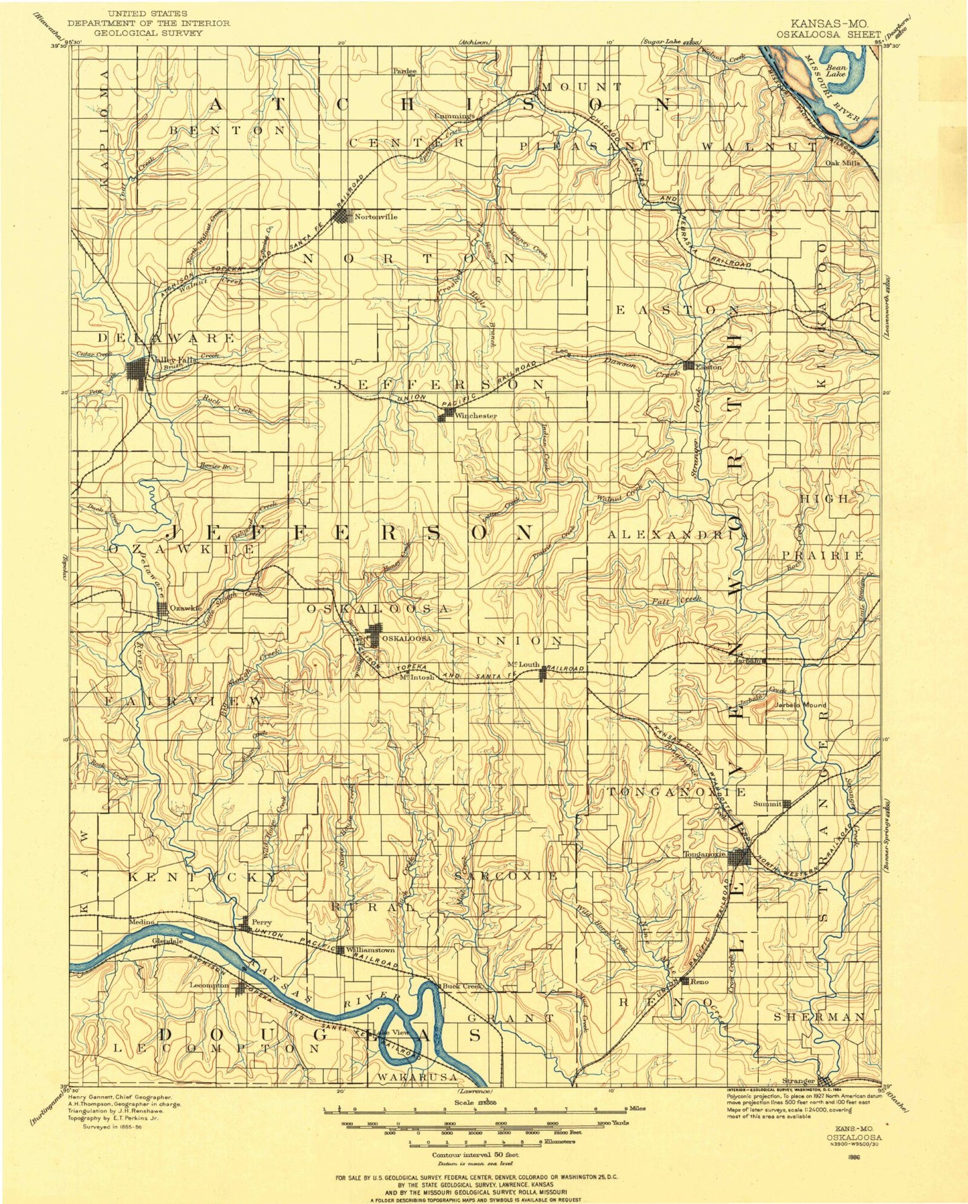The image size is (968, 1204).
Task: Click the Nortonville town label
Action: point(376,217)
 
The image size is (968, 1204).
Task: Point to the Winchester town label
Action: point(476,416)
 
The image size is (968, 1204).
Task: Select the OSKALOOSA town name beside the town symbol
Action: point(407,638)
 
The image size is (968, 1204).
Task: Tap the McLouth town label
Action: point(523,664)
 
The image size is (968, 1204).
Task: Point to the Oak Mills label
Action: point(843,163)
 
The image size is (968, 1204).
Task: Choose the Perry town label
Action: point(261,923)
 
